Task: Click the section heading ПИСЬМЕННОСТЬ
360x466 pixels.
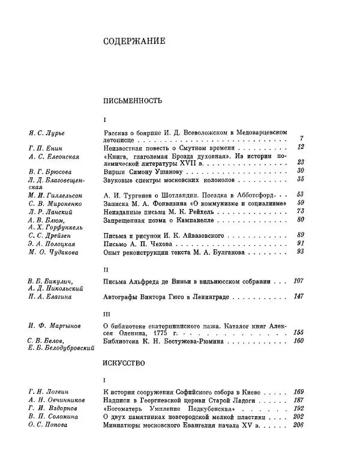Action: (129, 100)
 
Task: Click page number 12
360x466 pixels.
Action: (301, 147)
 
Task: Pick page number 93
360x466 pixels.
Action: (301, 253)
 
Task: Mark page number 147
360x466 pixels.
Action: (298, 297)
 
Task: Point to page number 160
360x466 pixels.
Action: (298, 341)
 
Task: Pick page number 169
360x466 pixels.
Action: (298, 392)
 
